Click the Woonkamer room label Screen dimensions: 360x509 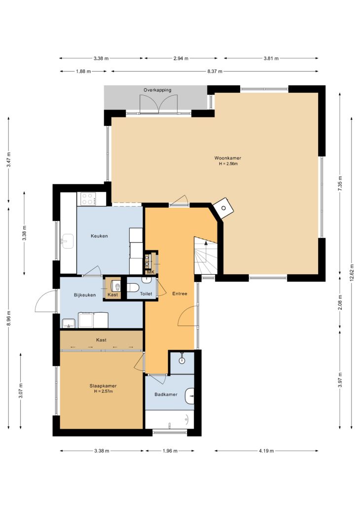pyautogui.click(x=227, y=158)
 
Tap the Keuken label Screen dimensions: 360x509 pyautogui.click(x=99, y=236)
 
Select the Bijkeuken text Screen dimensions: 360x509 pyautogui.click(x=85, y=295)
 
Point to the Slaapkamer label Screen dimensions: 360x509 pyautogui.click(x=103, y=386)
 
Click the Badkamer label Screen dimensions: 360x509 pyautogui.click(x=166, y=395)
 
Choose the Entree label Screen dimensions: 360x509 pyautogui.click(x=180, y=293)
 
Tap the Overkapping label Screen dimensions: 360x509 pyautogui.click(x=157, y=90)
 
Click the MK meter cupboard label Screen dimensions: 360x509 pyautogui.click(x=150, y=272)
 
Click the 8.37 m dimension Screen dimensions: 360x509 pyautogui.click(x=215, y=72)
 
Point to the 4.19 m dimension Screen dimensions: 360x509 pyautogui.click(x=266, y=451)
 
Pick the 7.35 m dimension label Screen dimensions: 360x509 pyautogui.click(x=340, y=183)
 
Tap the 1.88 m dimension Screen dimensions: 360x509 pyautogui.click(x=83, y=72)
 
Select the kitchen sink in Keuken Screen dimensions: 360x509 pyautogui.click(x=68, y=241)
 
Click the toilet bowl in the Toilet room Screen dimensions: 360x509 pyautogui.click(x=133, y=288)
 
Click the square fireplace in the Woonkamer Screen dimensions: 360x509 pyautogui.click(x=223, y=208)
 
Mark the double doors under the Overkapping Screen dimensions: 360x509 pyautogui.click(x=158, y=105)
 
